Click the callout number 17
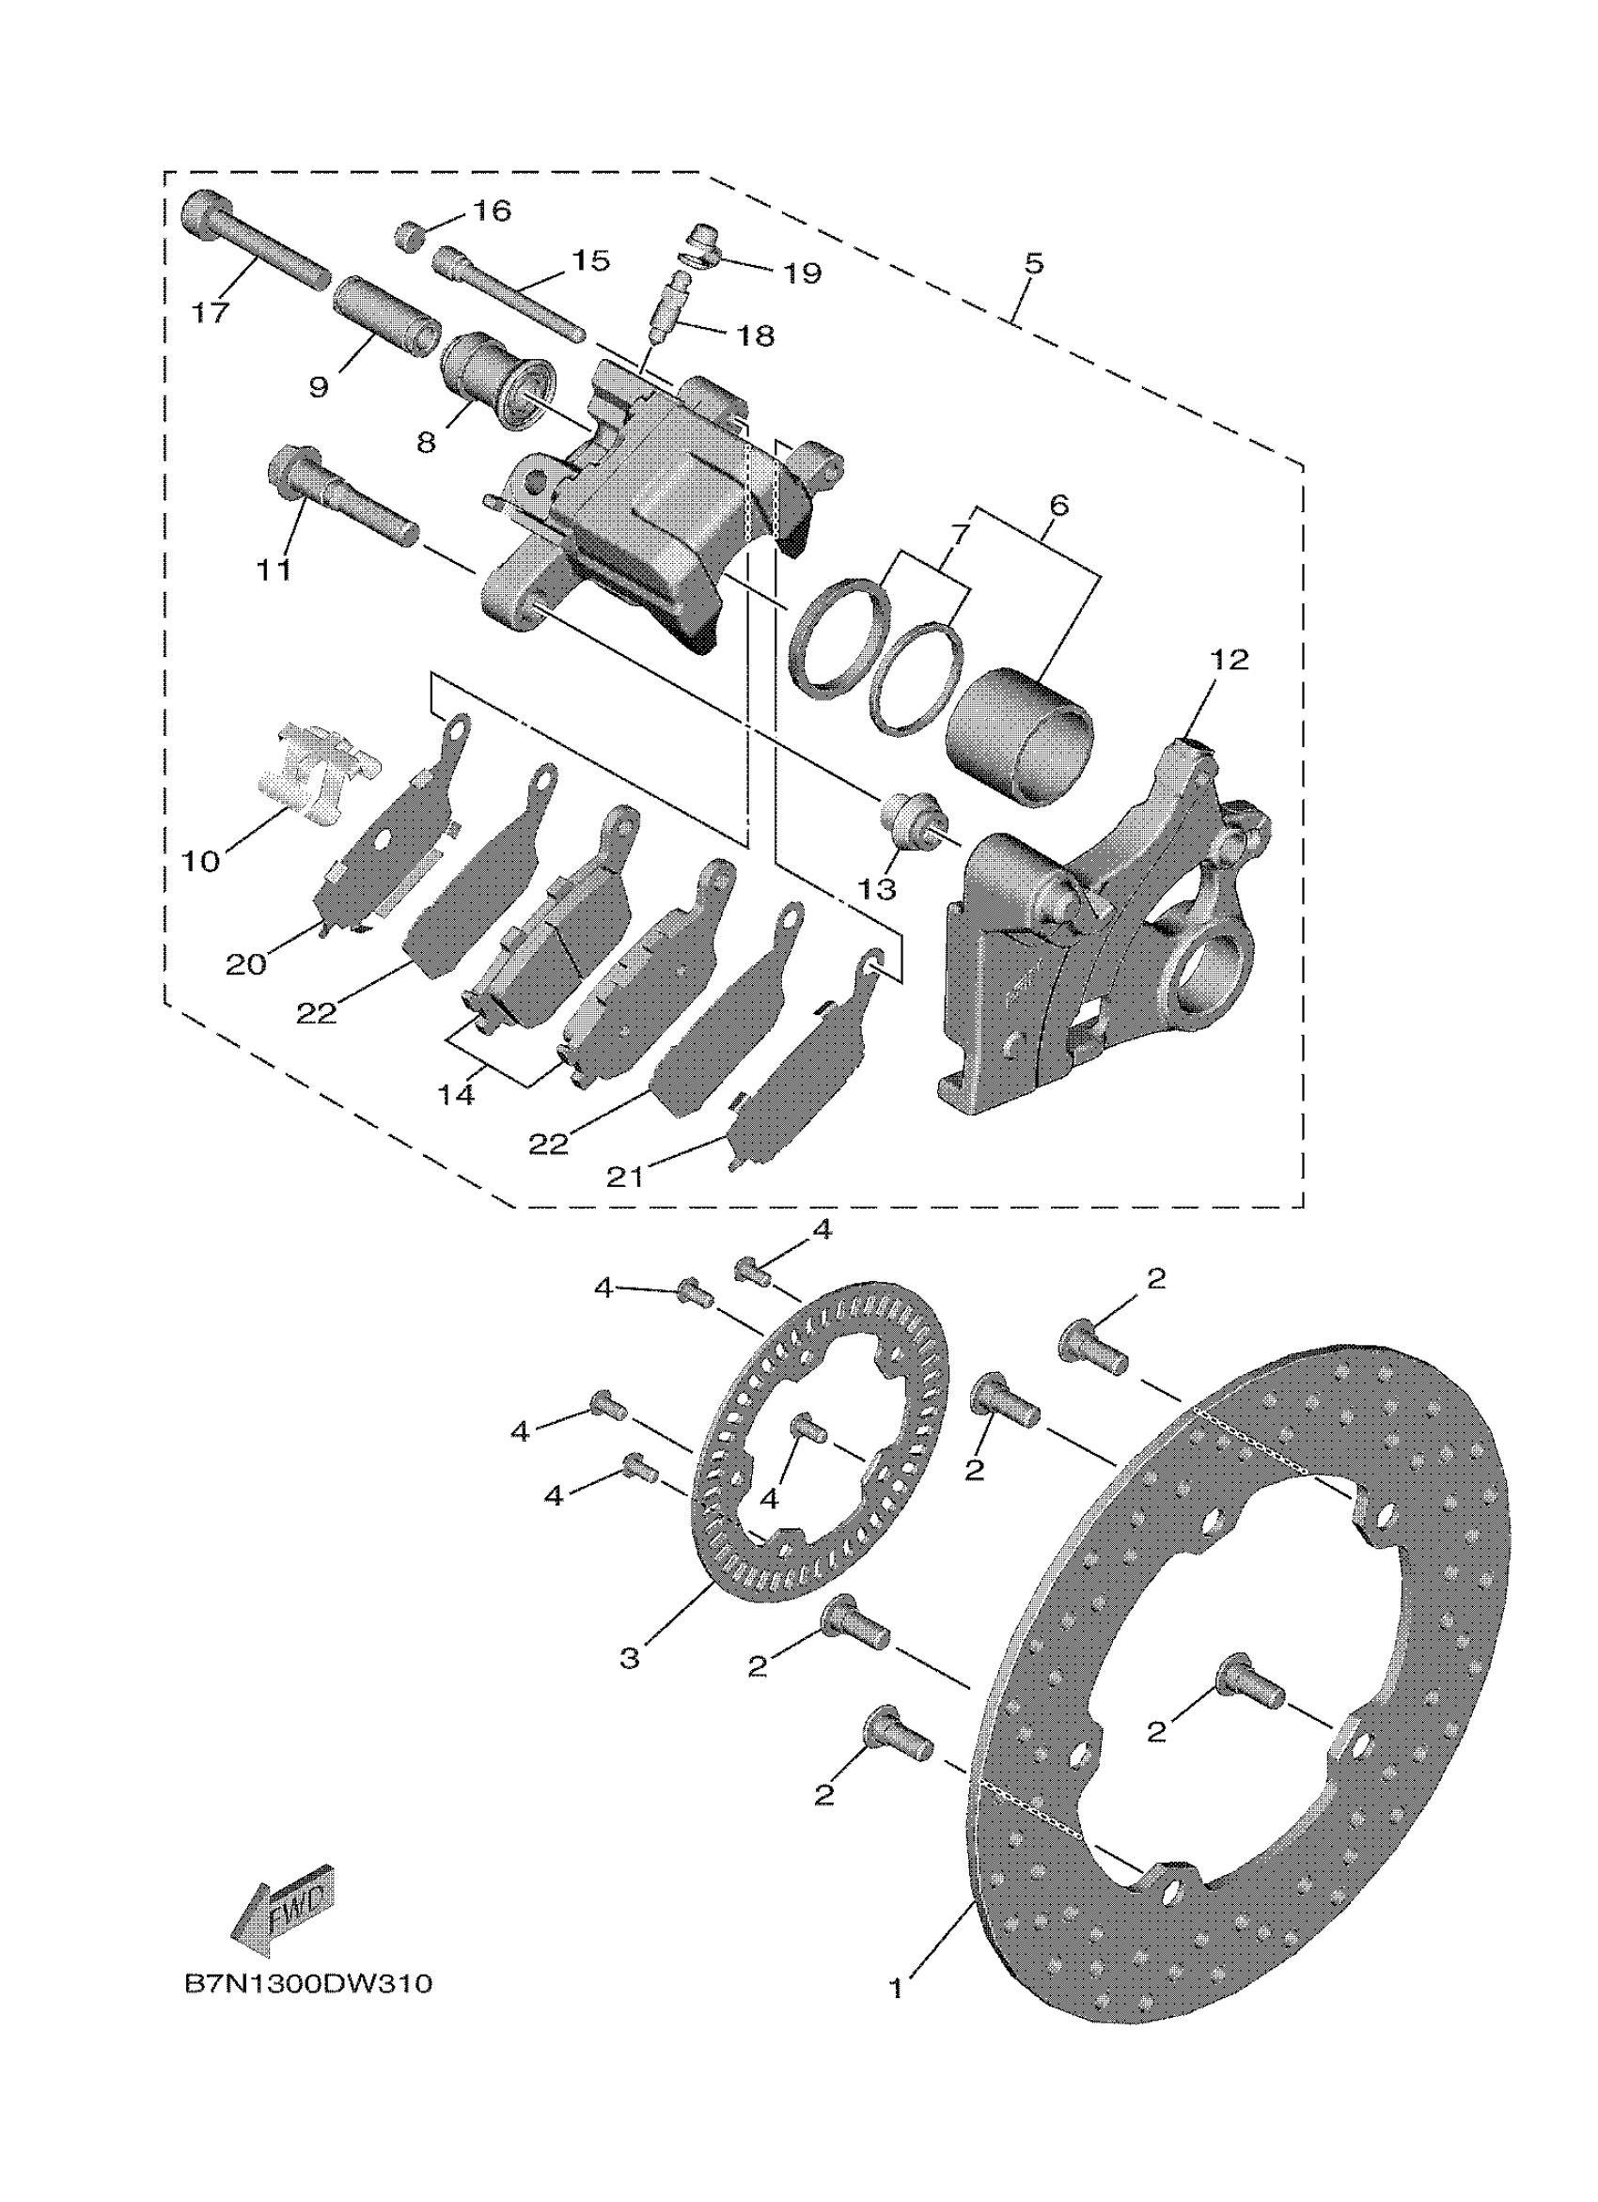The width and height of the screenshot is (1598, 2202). pos(211,313)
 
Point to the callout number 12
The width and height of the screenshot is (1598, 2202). pos(1230,660)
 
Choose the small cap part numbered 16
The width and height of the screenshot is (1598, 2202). pos(412,236)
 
